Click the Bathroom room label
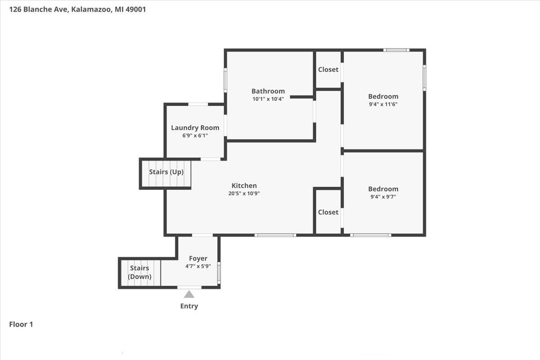(268, 91)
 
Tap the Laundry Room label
(195, 128)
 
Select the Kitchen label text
(244, 185)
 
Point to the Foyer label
(198, 258)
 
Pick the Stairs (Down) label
(139, 272)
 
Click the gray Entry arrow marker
(189, 294)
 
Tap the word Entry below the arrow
(189, 306)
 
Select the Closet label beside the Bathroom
(328, 69)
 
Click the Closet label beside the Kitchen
(328, 212)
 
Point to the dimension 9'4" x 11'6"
(383, 104)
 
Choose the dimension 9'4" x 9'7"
(383, 197)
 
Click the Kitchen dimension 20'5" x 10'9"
(244, 193)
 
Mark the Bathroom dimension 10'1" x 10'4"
(268, 99)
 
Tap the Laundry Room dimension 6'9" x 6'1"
(195, 135)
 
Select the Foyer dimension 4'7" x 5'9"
(198, 266)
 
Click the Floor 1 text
(21, 324)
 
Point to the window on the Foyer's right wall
(219, 272)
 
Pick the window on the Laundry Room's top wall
(198, 104)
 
